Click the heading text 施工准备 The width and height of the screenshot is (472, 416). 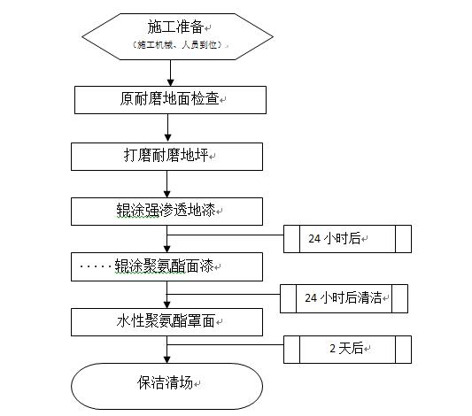click(x=175, y=27)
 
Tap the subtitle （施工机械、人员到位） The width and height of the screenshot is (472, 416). click(x=178, y=45)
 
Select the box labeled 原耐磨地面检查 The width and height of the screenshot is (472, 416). click(x=170, y=100)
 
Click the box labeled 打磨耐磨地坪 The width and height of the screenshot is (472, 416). click(x=166, y=157)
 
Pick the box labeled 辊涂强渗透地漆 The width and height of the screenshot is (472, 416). click(x=166, y=212)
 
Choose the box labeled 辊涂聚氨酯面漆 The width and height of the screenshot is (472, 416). click(x=166, y=266)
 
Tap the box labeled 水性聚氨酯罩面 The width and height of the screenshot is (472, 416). click(x=166, y=322)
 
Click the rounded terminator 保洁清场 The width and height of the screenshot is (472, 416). click(x=166, y=386)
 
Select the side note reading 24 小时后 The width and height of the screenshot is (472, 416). click(x=347, y=239)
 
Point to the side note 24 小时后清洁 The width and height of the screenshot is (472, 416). click(x=344, y=298)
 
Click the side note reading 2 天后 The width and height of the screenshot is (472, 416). click(x=347, y=350)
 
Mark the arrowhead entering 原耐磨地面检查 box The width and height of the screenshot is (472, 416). click(x=171, y=82)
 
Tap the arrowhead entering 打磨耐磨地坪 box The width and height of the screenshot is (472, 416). click(x=168, y=139)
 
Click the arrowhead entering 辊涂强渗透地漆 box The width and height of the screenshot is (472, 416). click(x=167, y=194)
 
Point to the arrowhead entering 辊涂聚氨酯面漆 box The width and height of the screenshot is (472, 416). click(x=167, y=249)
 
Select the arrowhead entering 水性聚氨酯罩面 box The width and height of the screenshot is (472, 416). click(x=167, y=304)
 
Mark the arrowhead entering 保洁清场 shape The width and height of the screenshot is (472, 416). click(x=167, y=359)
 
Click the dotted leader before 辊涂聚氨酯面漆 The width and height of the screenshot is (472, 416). click(x=96, y=266)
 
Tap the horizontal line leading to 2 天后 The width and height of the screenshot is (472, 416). click(x=225, y=344)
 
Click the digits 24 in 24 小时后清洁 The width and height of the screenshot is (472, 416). click(x=311, y=298)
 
